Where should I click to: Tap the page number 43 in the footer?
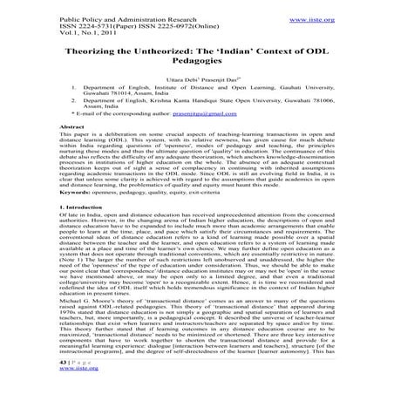[51, 358]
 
